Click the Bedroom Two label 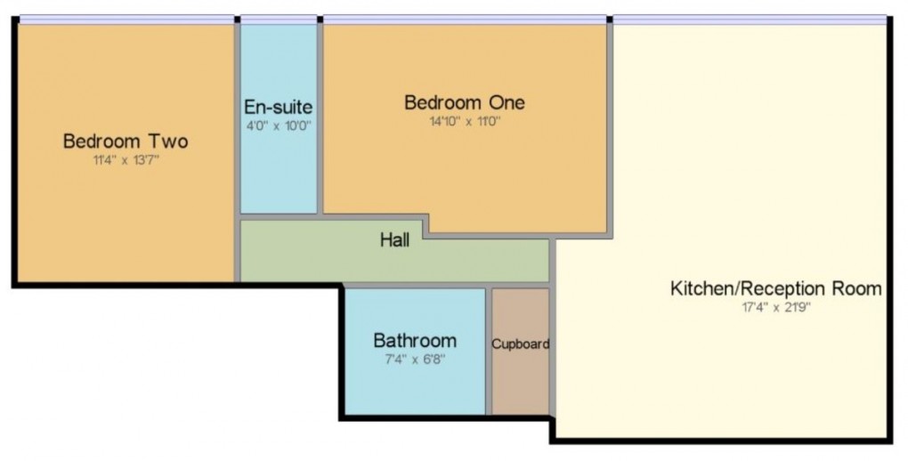point(125,142)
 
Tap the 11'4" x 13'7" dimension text point(125,160)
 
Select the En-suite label point(278,108)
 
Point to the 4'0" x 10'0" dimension point(278,125)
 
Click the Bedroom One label point(464,102)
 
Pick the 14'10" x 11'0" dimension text point(464,121)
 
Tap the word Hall point(394,239)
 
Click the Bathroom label point(415,340)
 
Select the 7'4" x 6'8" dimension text point(415,360)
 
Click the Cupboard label point(521,344)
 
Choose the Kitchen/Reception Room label point(775,288)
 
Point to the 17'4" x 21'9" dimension point(775,308)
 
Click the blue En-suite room point(278,169)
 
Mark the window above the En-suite point(279,19)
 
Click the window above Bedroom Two point(126,19)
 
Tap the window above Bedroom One point(464,19)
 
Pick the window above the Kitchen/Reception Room point(750,19)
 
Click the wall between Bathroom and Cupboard point(489,351)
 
